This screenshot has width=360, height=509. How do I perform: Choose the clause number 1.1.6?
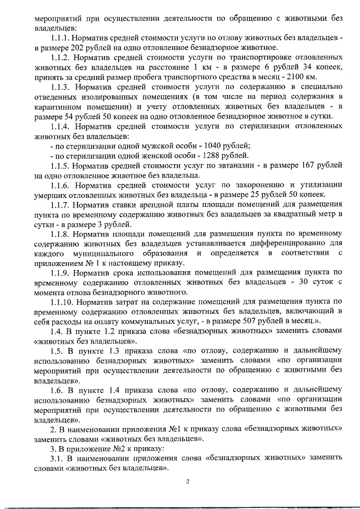coord(61,185)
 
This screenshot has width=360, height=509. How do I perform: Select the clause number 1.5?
coord(56,351)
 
